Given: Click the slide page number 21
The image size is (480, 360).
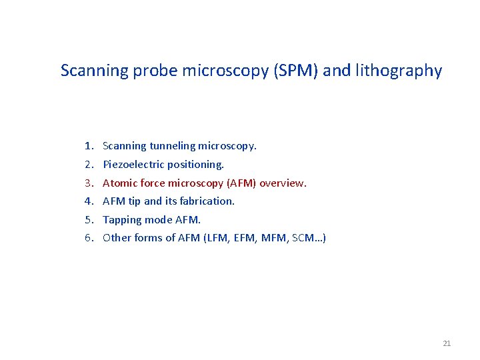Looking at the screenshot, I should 447,343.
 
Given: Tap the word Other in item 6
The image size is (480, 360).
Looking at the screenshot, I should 117,238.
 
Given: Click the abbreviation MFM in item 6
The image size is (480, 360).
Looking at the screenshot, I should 276,238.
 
